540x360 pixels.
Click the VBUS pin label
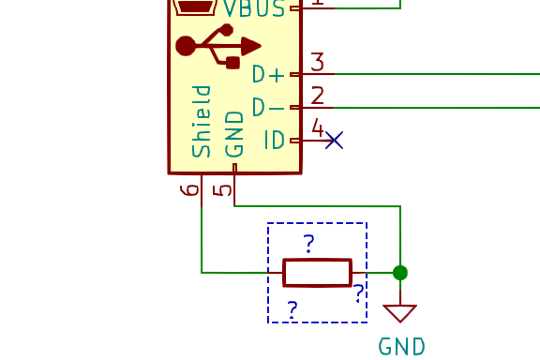pyautogui.click(x=254, y=8)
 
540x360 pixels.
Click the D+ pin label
pyautogui.click(x=268, y=75)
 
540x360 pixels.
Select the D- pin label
pyautogui.click(x=268, y=108)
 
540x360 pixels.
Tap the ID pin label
pyautogui.click(x=274, y=141)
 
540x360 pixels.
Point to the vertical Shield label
pyautogui.click(x=202, y=121)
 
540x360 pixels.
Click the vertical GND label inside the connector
pyautogui.click(x=234, y=133)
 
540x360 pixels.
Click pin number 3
pyautogui.click(x=317, y=62)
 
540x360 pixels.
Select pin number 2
pyautogui.click(x=317, y=95)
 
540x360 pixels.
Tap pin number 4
pyautogui.click(x=317, y=127)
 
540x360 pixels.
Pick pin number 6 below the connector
pyautogui.click(x=190, y=189)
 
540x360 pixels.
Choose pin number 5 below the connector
pyautogui.click(x=223, y=189)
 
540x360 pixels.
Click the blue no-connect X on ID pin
pyautogui.click(x=334, y=141)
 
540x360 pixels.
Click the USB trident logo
pyautogui.click(x=218, y=46)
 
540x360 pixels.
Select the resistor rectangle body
pyautogui.click(x=317, y=273)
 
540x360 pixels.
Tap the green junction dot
pyautogui.click(x=400, y=273)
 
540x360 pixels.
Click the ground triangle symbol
pyautogui.click(x=400, y=312)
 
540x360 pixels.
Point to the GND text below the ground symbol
pyautogui.click(x=402, y=346)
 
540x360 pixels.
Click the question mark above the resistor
pyautogui.click(x=308, y=244)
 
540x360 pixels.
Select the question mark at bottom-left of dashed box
pyautogui.click(x=292, y=309)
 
